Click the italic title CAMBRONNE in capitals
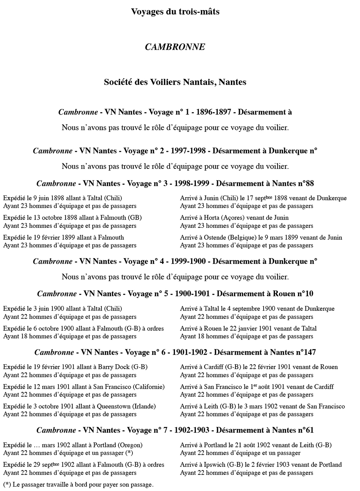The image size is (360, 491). point(175,47)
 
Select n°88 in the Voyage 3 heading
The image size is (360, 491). point(306,184)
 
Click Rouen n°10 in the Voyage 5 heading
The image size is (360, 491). point(298,294)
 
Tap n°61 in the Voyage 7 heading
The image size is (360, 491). point(306,430)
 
